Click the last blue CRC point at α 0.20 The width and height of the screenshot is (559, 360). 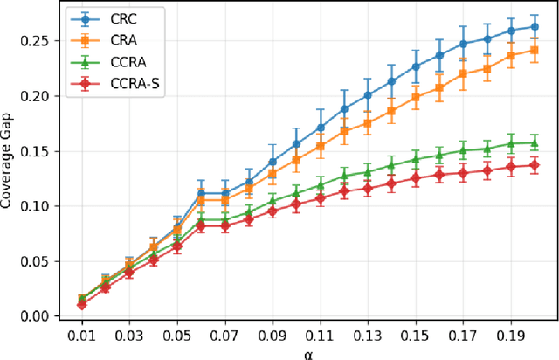(535, 27)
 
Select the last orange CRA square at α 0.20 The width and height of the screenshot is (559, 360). (535, 51)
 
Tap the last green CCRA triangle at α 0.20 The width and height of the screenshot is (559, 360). (535, 142)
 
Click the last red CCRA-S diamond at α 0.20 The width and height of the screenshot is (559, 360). (535, 165)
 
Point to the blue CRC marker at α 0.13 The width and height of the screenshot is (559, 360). (368, 94)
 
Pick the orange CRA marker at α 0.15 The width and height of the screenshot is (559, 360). (416, 97)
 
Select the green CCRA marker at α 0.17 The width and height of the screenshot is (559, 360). (463, 150)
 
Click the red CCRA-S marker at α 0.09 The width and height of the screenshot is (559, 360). (273, 211)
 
